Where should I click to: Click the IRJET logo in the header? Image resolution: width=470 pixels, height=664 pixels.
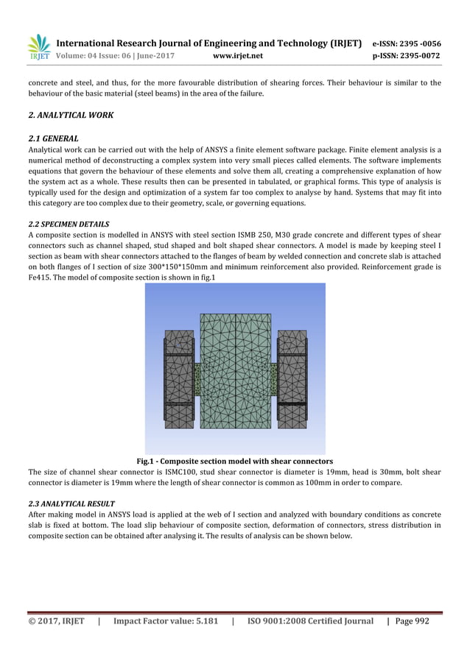coord(38,47)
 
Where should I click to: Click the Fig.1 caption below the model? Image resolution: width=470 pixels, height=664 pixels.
coord(235,461)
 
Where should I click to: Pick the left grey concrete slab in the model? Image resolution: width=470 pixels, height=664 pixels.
coord(179,379)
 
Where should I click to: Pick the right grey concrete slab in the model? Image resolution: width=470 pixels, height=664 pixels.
coord(292,379)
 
